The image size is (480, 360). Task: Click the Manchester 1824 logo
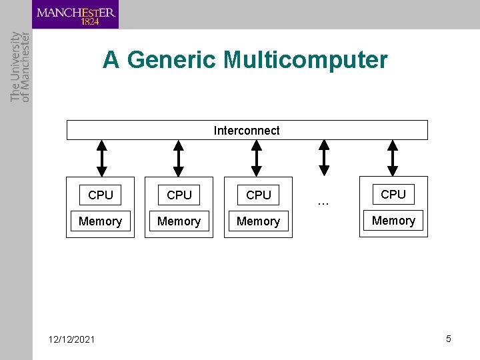tap(75, 15)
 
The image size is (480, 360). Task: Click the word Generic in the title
tap(171, 60)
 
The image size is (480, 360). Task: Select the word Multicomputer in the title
tap(305, 60)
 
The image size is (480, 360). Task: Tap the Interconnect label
tap(247, 131)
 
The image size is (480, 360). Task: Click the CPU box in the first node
tap(101, 195)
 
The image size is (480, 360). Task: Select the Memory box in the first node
tap(100, 221)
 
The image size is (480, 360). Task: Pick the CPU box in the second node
tap(179, 195)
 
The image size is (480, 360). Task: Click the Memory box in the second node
tap(179, 221)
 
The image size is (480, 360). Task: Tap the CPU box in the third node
tap(259, 195)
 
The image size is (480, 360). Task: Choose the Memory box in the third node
tap(258, 221)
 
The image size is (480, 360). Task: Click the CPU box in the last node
tap(393, 195)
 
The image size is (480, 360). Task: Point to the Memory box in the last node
tap(393, 221)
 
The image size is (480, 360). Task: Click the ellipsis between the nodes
tap(323, 201)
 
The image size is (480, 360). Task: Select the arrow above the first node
tap(101, 158)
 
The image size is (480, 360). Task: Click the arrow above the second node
tap(179, 158)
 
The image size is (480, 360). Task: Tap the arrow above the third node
tap(257, 158)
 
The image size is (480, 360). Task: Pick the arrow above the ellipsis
tap(324, 158)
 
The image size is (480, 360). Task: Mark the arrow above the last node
tap(393, 158)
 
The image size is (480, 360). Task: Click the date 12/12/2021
tap(72, 340)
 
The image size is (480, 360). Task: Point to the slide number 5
tap(449, 339)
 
